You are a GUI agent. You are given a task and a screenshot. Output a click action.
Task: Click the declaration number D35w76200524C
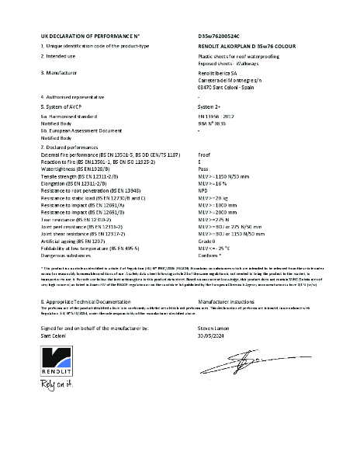(220, 37)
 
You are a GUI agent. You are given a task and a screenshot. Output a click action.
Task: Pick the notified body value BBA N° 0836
(214, 123)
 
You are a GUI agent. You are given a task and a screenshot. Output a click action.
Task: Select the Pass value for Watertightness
(204, 168)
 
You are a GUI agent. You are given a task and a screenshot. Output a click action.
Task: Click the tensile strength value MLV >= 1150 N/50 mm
(227, 176)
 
